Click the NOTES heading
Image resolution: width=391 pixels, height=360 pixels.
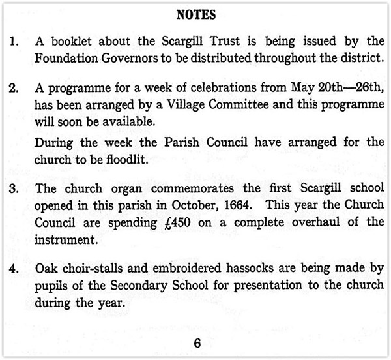click(196, 14)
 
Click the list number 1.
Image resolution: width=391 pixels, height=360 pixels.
click(15, 43)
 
